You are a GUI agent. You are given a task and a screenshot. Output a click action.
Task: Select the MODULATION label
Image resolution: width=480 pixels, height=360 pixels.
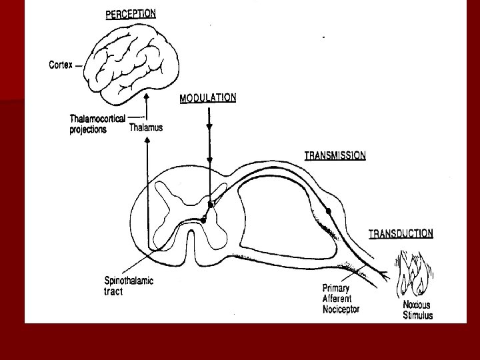click(207, 97)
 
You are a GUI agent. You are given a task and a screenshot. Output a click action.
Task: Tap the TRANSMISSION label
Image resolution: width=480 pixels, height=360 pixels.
click(335, 155)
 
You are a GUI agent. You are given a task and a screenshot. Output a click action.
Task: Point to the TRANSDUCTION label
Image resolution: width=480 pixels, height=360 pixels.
click(401, 233)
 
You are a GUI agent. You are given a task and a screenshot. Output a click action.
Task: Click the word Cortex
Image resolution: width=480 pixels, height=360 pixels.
click(61, 65)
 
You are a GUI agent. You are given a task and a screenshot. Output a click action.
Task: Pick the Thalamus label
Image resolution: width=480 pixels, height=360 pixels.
click(145, 127)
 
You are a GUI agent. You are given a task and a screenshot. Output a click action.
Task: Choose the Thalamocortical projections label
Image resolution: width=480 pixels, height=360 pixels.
click(97, 124)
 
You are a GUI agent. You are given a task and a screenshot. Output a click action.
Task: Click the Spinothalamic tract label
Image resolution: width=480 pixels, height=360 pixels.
click(129, 286)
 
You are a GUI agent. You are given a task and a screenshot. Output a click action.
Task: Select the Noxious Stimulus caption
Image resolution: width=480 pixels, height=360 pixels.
click(417, 310)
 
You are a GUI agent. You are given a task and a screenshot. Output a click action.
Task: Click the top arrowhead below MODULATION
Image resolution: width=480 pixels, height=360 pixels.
click(210, 126)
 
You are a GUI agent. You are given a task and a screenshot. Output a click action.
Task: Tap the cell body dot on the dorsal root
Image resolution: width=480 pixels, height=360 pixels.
click(328, 211)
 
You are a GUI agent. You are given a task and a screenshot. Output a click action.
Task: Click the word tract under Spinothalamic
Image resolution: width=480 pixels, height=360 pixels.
click(115, 291)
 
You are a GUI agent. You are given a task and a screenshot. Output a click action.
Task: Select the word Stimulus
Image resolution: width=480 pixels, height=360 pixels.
click(418, 315)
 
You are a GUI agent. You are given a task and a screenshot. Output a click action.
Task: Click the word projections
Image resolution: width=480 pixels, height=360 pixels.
click(88, 130)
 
